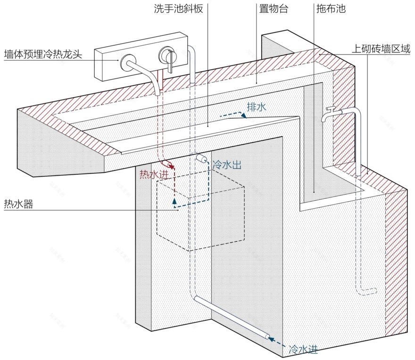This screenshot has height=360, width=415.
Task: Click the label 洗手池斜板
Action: (178, 9)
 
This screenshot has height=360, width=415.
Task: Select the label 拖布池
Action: (329, 9)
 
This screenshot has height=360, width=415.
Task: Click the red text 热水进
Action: (153, 174)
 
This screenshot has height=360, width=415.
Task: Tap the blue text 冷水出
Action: (228, 165)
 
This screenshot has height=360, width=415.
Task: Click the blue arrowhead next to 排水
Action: (243, 115)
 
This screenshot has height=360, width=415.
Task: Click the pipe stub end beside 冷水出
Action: (202, 158)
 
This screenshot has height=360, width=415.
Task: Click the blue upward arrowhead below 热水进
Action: (174, 202)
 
